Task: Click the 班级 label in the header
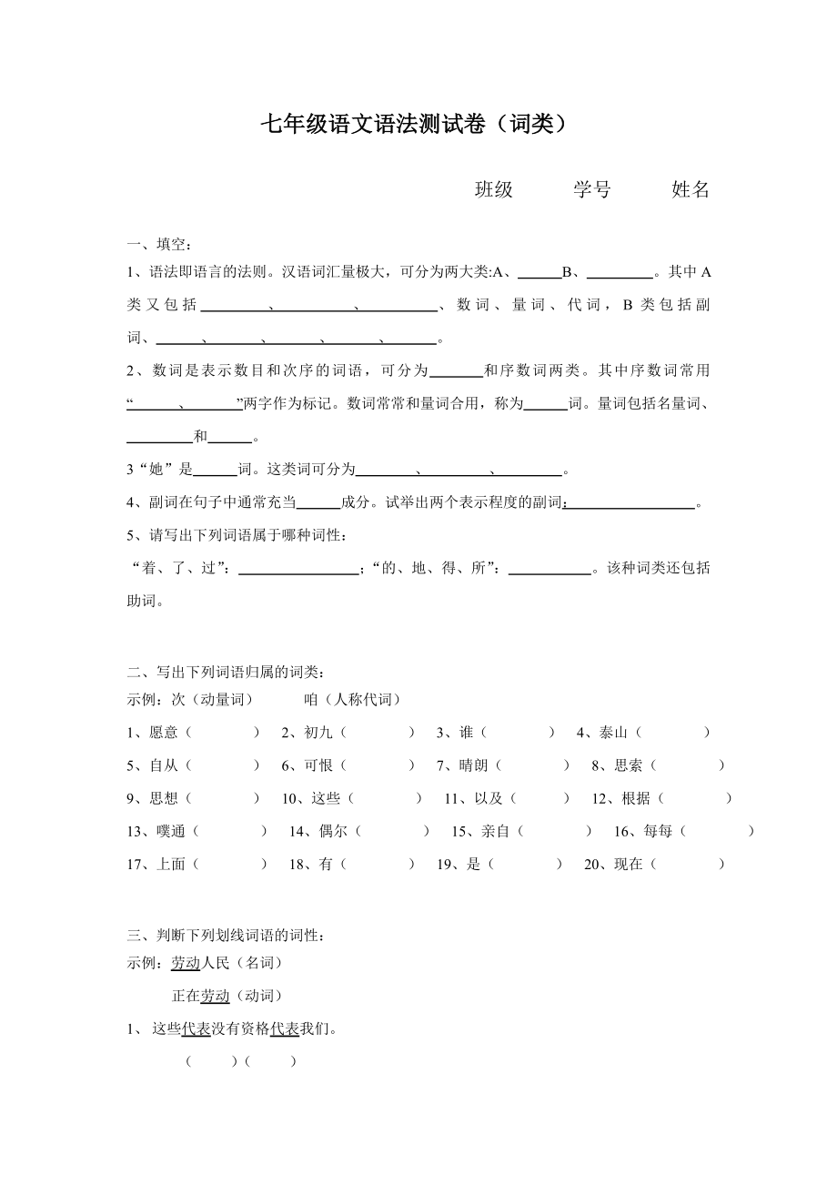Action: [x=494, y=189]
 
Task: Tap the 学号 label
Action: [x=592, y=189]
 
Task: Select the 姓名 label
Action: [x=691, y=189]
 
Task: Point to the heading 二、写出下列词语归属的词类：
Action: [x=226, y=673]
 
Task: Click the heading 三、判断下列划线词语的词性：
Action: [x=226, y=935]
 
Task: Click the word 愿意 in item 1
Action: [x=164, y=733]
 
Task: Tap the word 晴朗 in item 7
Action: [x=474, y=765]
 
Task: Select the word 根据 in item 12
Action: [x=635, y=798]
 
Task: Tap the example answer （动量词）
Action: [x=219, y=699]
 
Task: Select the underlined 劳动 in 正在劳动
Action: [x=215, y=996]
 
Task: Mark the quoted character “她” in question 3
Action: [x=156, y=471]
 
